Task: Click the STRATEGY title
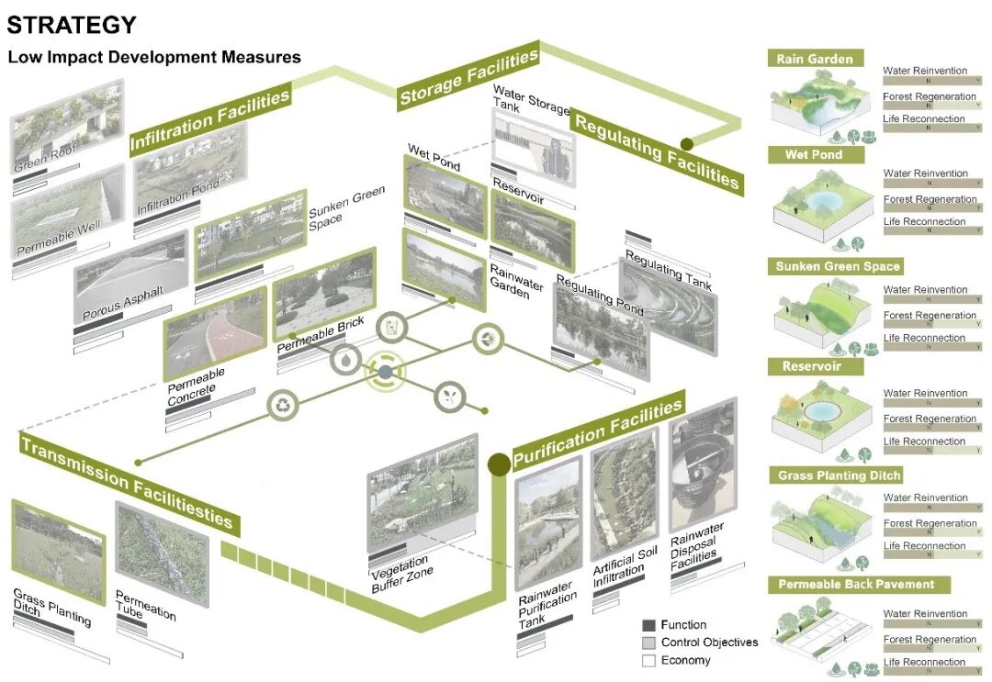pyautogui.click(x=72, y=25)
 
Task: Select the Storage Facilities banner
pyautogui.click(x=468, y=78)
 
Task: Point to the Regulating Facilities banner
pyautogui.click(x=656, y=151)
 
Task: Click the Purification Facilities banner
pyautogui.click(x=597, y=431)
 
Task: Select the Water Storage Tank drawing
pyautogui.click(x=533, y=143)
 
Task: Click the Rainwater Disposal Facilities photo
pyautogui.click(x=703, y=467)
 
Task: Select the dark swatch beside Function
pyautogui.click(x=648, y=624)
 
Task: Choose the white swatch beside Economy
pyautogui.click(x=648, y=660)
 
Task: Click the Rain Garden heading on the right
pyautogui.click(x=815, y=59)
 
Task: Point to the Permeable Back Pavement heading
pyautogui.click(x=856, y=584)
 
